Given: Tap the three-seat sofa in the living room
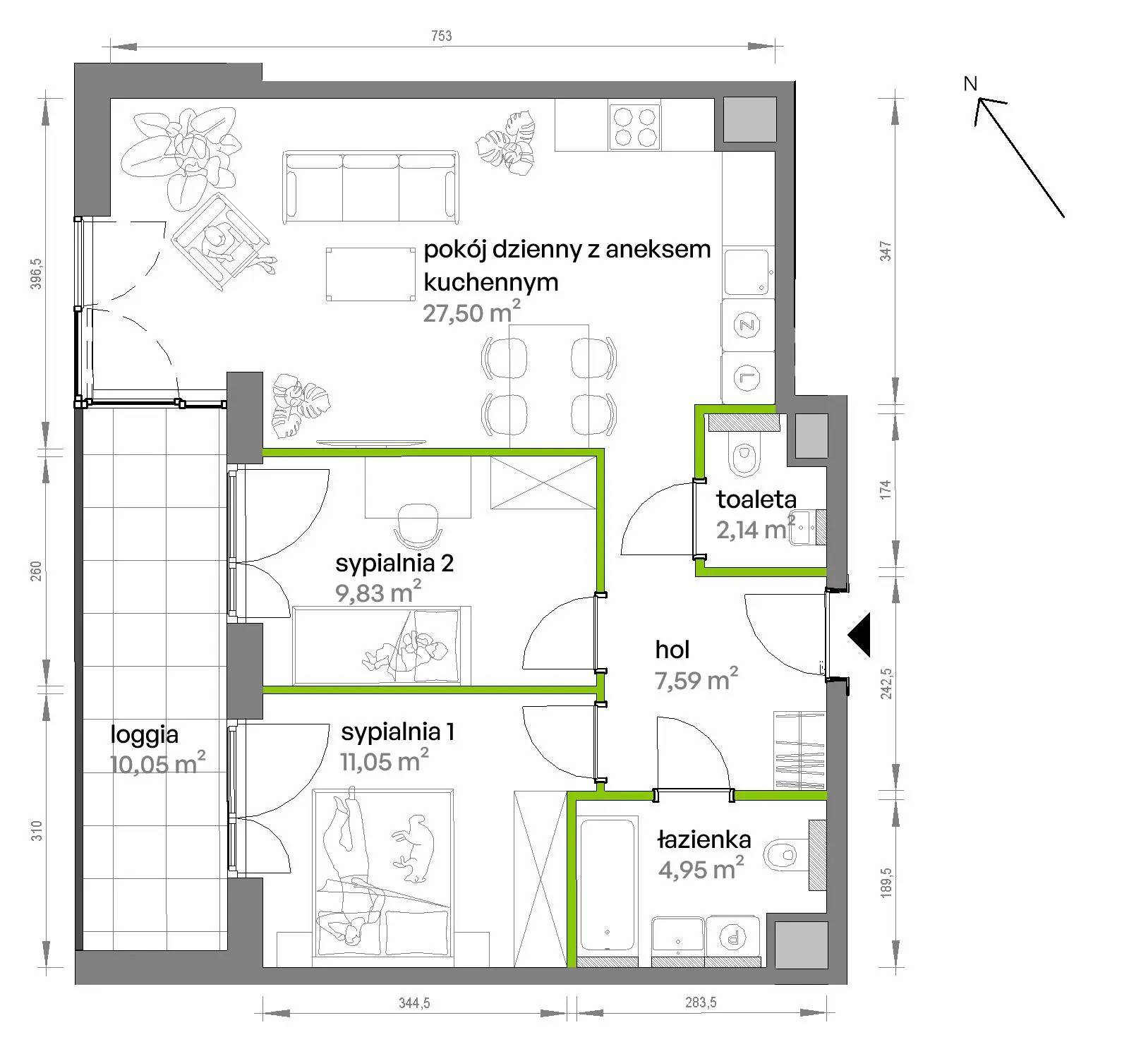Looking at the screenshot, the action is [x=370, y=186].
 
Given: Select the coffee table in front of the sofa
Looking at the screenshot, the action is [x=370, y=274].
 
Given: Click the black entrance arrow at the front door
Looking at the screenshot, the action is [x=859, y=635].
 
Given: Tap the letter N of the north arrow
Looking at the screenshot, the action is [x=970, y=84].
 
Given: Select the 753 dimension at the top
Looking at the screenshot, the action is [x=442, y=36].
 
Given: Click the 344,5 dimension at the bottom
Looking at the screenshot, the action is [x=414, y=1002].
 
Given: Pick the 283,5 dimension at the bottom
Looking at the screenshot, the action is [x=701, y=1002].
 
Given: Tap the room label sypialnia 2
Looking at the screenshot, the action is [x=394, y=563].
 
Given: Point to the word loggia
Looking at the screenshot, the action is [x=144, y=735].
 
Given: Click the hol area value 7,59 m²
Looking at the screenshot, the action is [x=696, y=680].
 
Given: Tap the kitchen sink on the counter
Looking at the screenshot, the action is [x=747, y=271].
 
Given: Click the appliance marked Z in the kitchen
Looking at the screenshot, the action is [x=747, y=325].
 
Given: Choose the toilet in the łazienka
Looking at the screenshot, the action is [x=792, y=855].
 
